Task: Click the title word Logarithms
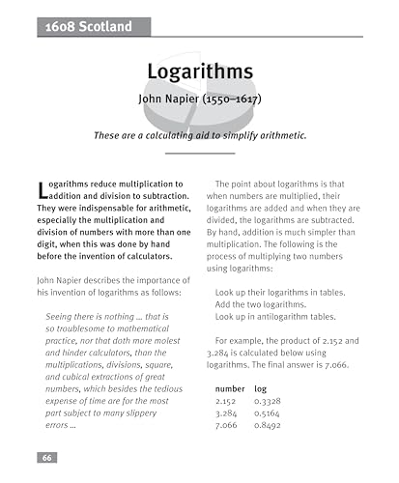coord(199,72)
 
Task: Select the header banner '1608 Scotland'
coord(88,28)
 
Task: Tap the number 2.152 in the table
coord(227,399)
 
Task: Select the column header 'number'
coord(230,386)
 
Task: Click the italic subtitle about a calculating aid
coord(199,135)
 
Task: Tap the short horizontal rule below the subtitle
coord(199,154)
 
